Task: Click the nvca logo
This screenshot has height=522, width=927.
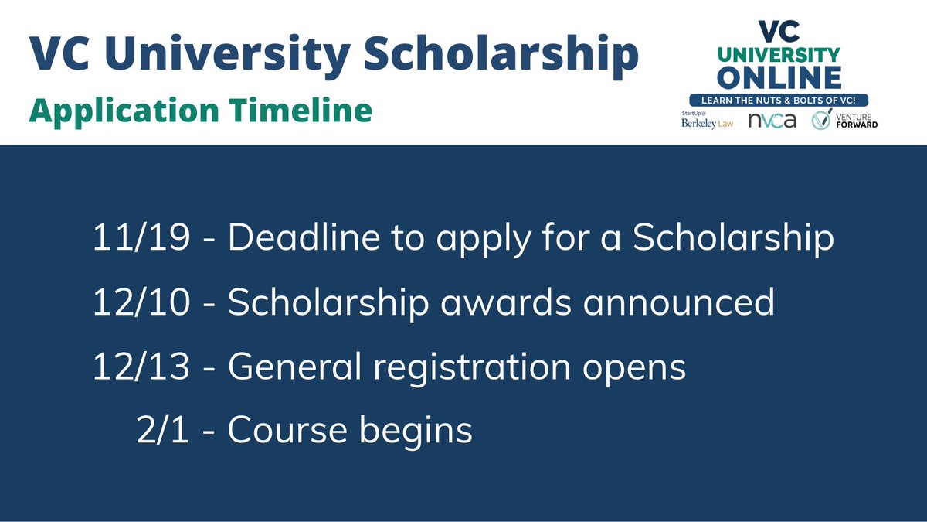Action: pos(772,121)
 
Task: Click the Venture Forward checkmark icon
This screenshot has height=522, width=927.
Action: pos(820,121)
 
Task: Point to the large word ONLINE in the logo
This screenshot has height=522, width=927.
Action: pos(778,77)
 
